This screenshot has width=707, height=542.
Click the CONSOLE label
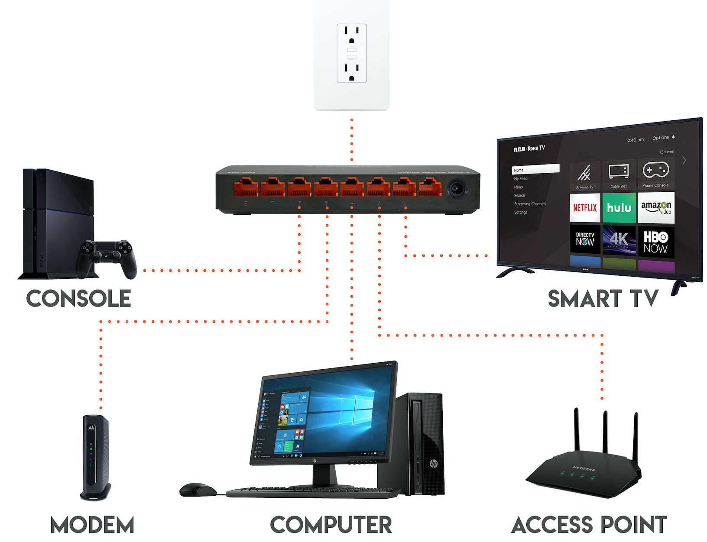[x=78, y=299]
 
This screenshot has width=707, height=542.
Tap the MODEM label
[x=92, y=525]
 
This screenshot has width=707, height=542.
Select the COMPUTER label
[x=331, y=525]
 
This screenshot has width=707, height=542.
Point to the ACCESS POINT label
[x=589, y=525]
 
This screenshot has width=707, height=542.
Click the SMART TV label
[x=603, y=299]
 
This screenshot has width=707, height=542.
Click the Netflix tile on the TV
[x=585, y=208]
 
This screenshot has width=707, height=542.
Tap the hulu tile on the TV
[x=619, y=208]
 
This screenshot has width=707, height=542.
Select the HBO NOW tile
[x=655, y=242]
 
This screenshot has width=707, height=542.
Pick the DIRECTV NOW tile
[x=585, y=239]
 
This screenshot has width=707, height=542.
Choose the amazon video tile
[x=656, y=208]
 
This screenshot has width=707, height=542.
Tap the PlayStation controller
[x=107, y=257]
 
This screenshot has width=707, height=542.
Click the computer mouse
[x=198, y=490]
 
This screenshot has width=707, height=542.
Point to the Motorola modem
[x=95, y=457]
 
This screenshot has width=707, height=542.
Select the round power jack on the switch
[x=457, y=189]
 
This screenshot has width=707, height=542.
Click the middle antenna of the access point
[x=605, y=433]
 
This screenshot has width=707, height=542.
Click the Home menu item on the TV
[x=535, y=170]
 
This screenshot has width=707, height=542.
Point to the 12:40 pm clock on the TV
[x=635, y=140]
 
